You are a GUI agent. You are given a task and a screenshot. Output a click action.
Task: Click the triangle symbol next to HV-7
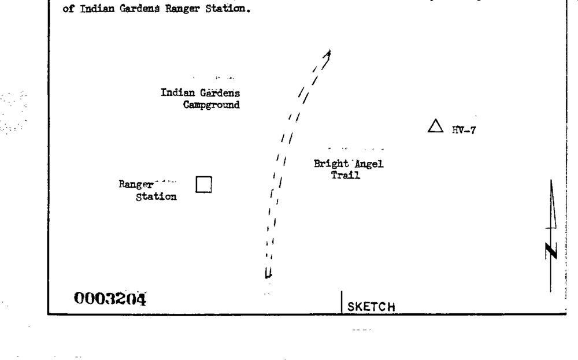click(435, 127)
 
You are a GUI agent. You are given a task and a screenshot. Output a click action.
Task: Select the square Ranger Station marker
click(203, 184)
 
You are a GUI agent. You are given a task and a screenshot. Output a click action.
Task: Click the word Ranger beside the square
click(136, 185)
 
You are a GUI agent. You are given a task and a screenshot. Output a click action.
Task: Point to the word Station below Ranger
click(156, 197)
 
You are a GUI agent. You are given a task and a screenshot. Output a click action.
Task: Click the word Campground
click(212, 105)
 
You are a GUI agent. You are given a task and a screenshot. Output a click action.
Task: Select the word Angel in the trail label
click(369, 164)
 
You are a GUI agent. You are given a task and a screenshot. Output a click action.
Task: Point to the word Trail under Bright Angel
click(346, 176)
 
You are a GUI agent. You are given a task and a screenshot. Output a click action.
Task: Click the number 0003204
click(110, 299)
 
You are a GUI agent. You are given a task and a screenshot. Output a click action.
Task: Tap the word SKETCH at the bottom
click(371, 307)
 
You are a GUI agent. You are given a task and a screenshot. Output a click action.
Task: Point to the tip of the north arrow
click(551, 181)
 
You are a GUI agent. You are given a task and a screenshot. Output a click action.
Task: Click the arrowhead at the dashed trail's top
click(328, 54)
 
